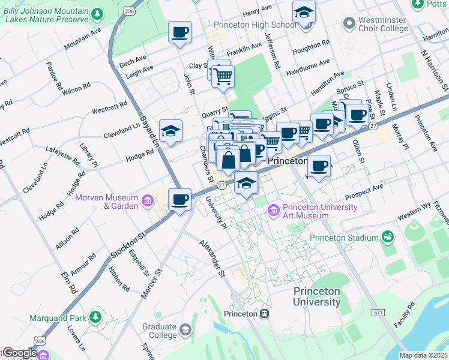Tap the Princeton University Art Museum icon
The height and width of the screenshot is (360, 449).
[274, 211]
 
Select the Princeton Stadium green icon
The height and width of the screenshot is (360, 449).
[388, 238]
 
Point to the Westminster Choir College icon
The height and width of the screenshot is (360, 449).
[349, 24]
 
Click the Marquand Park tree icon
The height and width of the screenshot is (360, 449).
[94, 316]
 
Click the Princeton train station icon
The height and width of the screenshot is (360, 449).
[265, 314]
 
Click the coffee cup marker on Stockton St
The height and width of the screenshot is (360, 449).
[179, 200]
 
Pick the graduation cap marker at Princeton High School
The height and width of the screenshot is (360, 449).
[304, 12]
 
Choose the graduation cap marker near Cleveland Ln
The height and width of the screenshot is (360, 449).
[170, 131]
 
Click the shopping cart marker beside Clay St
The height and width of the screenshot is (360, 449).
[223, 76]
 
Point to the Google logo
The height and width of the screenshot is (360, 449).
[20, 353]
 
